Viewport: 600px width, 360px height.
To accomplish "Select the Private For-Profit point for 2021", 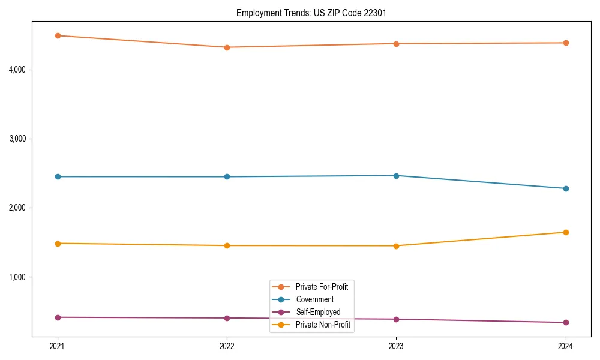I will (x=58, y=35).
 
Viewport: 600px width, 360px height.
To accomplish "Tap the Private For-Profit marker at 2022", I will (x=227, y=47).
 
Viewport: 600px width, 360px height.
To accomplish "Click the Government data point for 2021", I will (x=58, y=176).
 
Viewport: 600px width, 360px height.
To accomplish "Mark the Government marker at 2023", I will (x=396, y=176).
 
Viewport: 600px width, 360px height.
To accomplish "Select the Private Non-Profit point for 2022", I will (x=227, y=245).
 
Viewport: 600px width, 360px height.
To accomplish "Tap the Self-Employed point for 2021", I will (x=58, y=317).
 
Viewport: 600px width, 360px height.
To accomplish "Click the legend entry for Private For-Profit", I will (x=322, y=287).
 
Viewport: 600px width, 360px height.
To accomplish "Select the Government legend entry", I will (x=315, y=299).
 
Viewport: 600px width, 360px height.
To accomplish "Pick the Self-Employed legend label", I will (x=318, y=312).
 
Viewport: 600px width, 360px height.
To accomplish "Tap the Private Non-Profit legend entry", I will (x=323, y=325).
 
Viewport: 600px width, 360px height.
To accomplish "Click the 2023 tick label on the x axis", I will (x=396, y=346).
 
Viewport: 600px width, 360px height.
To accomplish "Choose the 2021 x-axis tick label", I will (x=58, y=346).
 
